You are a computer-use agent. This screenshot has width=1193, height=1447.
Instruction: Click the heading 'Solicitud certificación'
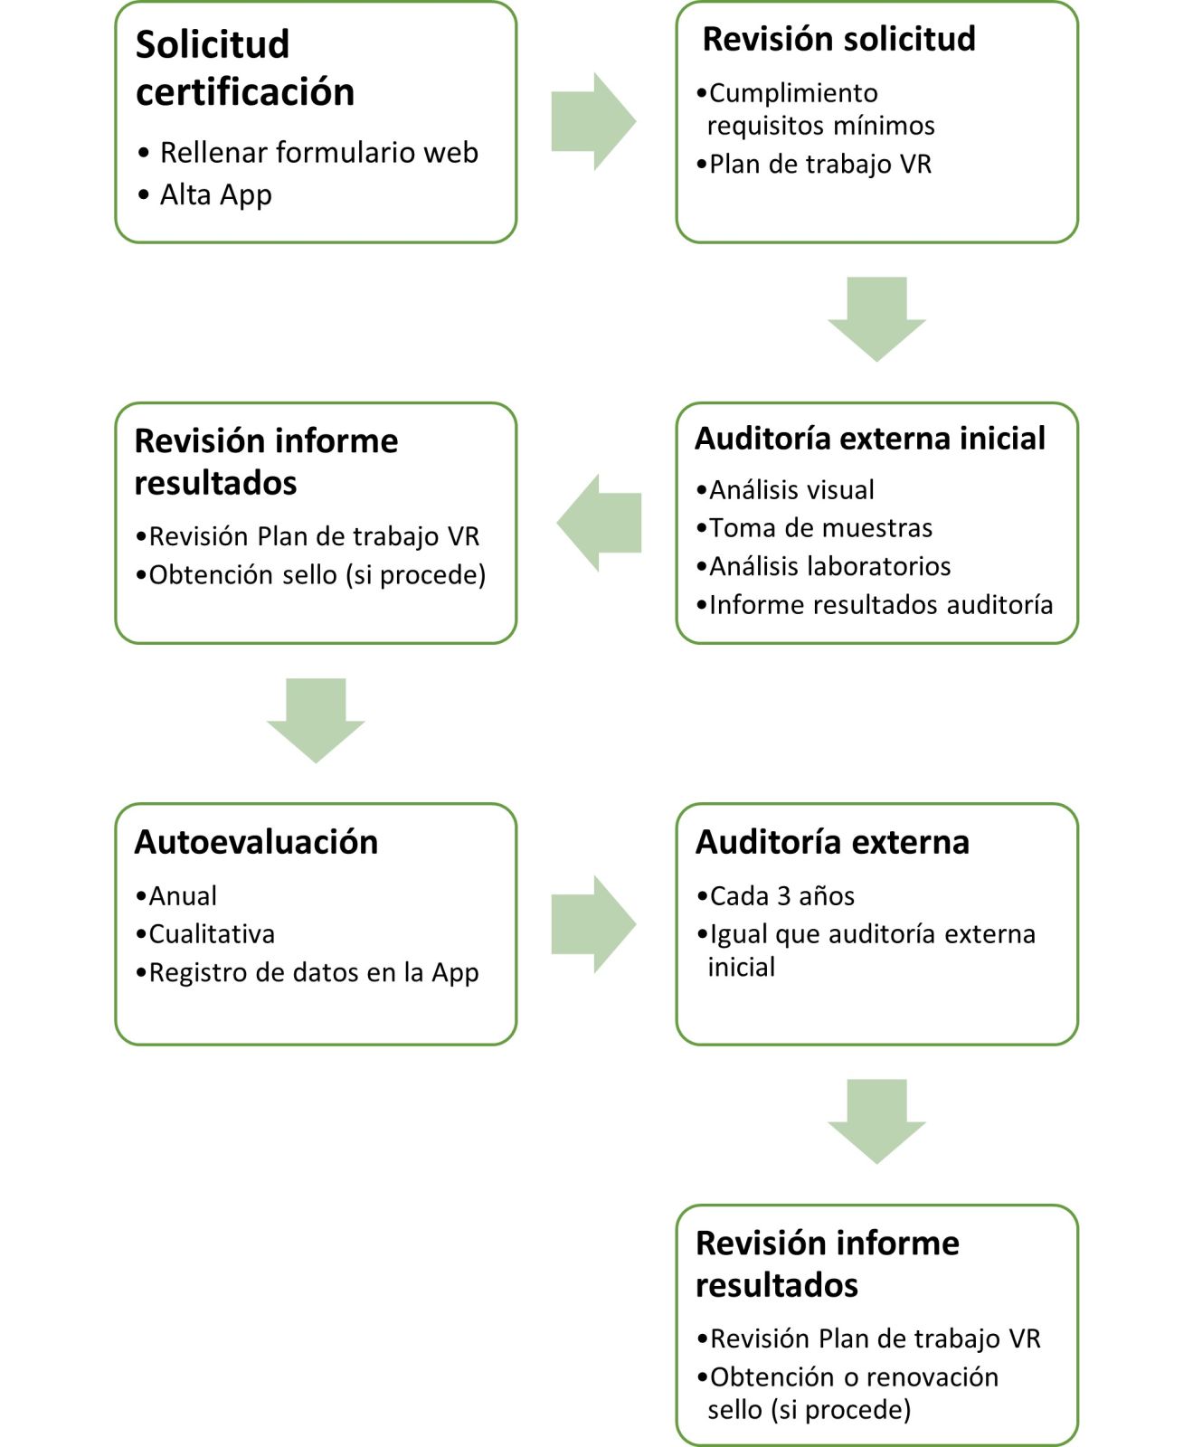pos(245,68)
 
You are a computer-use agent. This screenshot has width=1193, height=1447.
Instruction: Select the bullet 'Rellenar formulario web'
pos(308,152)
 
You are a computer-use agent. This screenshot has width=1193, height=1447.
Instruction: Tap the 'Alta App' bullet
pos(205,194)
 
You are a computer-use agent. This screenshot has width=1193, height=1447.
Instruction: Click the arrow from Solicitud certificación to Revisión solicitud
pos(593,121)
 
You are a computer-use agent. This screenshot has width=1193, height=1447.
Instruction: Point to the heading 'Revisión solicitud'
pos(839,39)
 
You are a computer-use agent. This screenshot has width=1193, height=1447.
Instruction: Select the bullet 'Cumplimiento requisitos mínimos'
pos(816,109)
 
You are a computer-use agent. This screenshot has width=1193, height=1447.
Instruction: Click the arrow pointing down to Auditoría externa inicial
pos(876,319)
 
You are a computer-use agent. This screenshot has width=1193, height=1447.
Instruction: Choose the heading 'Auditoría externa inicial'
pos(870,439)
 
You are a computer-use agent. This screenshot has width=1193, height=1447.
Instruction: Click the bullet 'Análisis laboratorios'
pos(823,566)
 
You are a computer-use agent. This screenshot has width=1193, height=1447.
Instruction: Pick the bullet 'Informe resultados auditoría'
pos(875,604)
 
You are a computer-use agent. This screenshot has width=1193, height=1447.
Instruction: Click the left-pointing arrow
pos(599,523)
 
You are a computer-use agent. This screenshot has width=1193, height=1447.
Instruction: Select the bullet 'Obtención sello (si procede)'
pos(310,575)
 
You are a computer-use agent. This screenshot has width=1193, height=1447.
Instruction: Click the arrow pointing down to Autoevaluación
pos(316,721)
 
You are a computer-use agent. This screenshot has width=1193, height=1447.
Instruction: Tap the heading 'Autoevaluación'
pos(256,842)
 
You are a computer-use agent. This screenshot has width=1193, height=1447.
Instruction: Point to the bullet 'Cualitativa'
pos(204,934)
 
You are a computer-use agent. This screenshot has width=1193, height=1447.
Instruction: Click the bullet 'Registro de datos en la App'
pos(307,973)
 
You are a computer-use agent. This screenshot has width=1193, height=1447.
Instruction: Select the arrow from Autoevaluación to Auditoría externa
pos(593,924)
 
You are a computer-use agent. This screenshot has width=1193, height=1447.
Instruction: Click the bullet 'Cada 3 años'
pos(775,896)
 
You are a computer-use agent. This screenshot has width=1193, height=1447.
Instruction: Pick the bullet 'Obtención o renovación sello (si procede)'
pos(847,1393)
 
